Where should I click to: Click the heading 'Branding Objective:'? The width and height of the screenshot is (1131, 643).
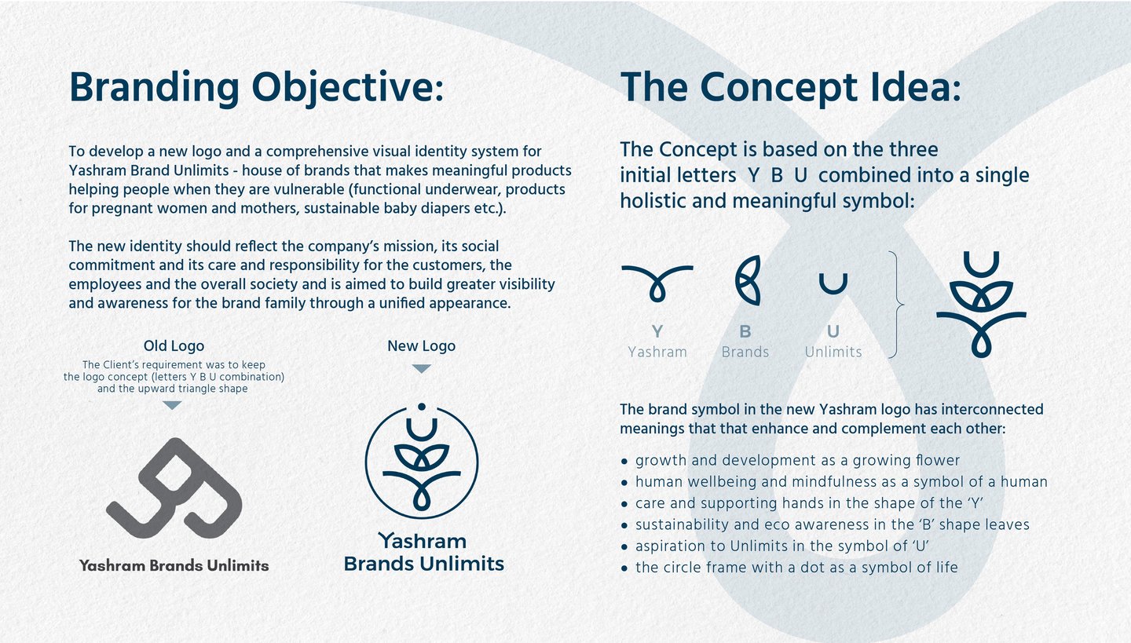256,88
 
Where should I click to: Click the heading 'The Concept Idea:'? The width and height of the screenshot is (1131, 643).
791,88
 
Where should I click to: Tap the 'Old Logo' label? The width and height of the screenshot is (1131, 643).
174,345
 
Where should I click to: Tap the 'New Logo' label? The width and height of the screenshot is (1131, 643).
421,345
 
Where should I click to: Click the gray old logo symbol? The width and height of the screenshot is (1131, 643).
174,488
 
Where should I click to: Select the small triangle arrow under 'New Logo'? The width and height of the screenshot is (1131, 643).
421,368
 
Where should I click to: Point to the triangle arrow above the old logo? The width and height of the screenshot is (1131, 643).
172,405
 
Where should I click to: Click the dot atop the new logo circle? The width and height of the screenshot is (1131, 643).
422,407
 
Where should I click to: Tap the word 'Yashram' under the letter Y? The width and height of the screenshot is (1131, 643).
657,352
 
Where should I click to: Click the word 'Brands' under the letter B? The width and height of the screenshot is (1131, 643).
745,352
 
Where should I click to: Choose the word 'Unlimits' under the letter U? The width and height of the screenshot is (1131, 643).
833,352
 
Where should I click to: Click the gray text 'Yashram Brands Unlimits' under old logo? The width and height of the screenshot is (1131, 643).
174,565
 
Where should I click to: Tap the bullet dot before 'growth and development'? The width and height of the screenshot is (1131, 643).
624,462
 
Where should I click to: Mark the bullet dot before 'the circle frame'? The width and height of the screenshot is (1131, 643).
624,568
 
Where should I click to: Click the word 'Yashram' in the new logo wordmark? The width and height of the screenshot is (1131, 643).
423,541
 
